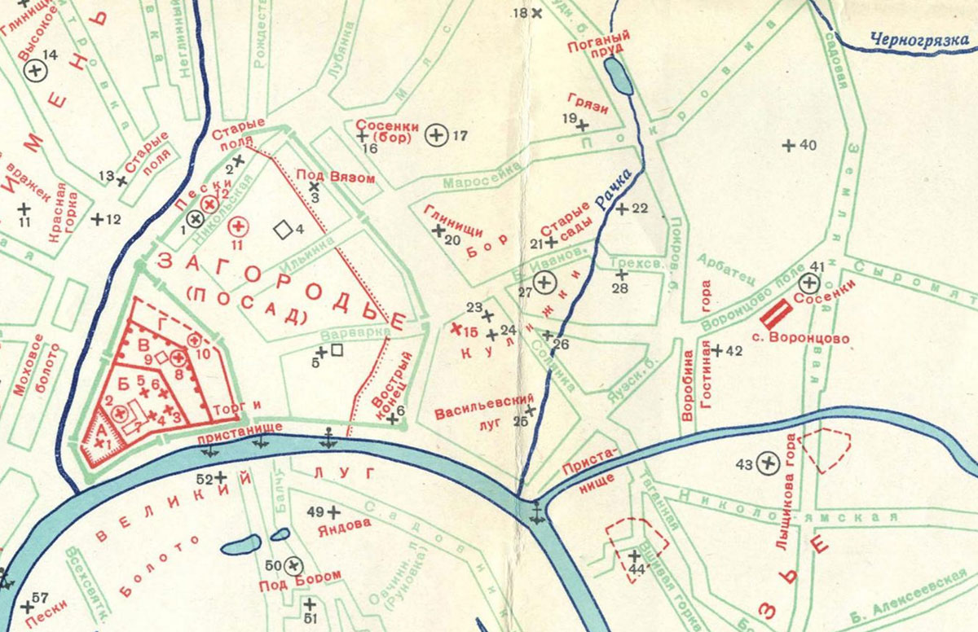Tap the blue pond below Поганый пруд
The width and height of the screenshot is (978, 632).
[x=619, y=78]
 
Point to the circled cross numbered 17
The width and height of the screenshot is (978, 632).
[x=438, y=135]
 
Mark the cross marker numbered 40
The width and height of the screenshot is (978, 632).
[x=788, y=146]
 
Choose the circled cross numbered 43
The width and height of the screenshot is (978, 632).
[x=767, y=463]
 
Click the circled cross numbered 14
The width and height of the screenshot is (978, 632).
[x=35, y=72]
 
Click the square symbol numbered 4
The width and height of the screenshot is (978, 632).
[x=283, y=230]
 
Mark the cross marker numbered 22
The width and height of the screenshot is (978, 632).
[x=621, y=209]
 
